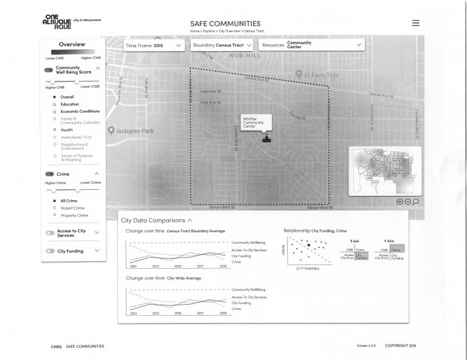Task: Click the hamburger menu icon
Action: point(415,23)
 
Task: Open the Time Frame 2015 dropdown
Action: point(154,46)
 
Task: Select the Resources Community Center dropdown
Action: point(311,45)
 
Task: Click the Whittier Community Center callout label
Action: point(254,121)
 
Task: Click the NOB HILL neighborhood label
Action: point(244,55)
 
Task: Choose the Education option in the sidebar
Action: point(69,105)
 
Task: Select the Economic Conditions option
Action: point(80,112)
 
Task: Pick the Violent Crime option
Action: point(72,208)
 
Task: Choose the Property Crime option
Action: point(74,215)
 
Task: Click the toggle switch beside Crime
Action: point(49,175)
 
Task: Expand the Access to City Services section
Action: point(97,232)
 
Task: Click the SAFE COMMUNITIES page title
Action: point(225,24)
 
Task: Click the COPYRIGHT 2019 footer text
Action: point(400,346)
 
